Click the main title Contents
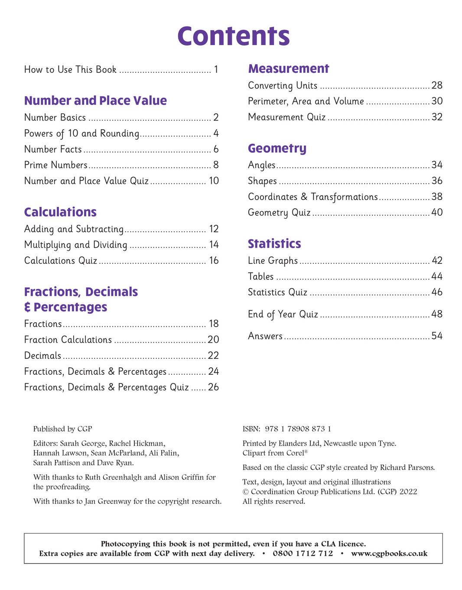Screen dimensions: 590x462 [233, 36]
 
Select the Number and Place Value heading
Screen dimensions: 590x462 [95, 101]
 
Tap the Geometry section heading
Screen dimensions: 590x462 [277, 148]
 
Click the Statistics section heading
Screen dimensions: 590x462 [274, 244]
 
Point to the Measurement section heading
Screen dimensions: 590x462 [289, 69]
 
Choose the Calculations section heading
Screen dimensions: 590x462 [60, 212]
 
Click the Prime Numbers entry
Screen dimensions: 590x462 [56, 165]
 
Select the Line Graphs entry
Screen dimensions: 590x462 [273, 261]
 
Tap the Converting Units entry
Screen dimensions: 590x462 [283, 85]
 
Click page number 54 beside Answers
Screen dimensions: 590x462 [437, 336]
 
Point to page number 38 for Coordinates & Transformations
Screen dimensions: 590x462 [437, 197]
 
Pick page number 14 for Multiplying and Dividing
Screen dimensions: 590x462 [214, 245]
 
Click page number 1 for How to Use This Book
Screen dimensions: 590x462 [216, 70]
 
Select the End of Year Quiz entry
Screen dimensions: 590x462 [283, 314]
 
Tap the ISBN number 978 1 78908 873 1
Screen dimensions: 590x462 [298, 429]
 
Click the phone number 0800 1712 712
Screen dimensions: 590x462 [303, 554]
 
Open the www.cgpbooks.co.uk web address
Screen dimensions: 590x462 [389, 554]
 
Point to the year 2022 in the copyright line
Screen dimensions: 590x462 [408, 492]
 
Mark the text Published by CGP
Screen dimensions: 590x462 [62, 429]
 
